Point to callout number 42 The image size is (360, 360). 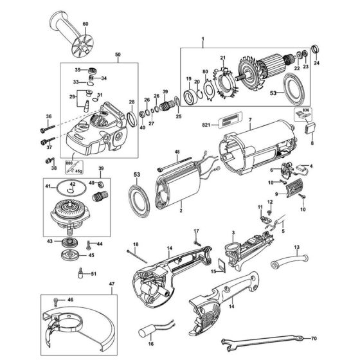pyautogui.click(x=73, y=184)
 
